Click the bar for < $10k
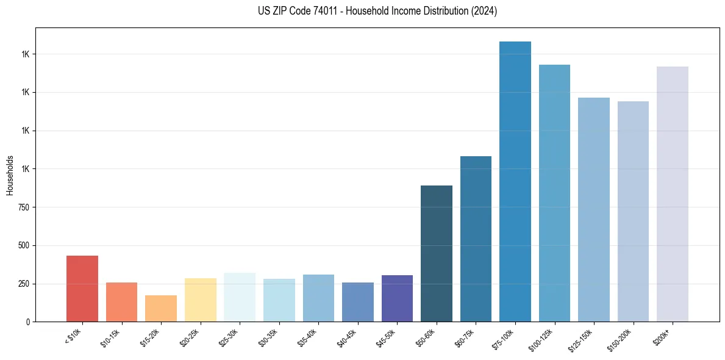82,289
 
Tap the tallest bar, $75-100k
515,182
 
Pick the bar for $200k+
673,194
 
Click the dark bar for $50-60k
437,253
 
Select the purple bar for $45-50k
397,298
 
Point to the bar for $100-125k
554,193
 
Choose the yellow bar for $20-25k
201,300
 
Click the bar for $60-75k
476,239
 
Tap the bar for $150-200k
633,211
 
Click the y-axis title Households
10,175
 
